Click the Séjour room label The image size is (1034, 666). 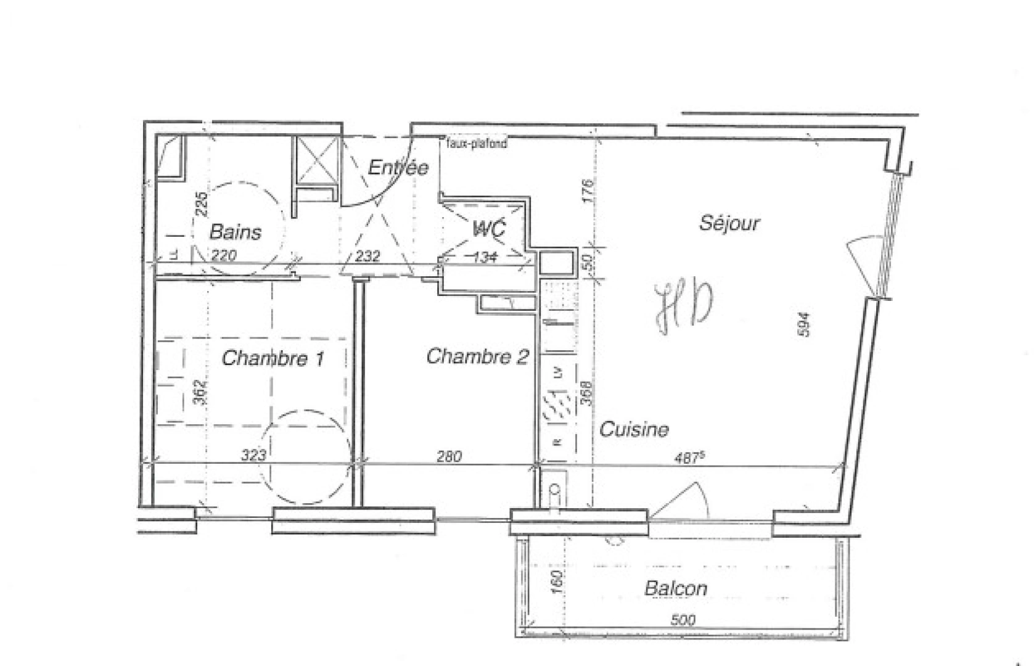coord(729,223)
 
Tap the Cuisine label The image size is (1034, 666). coord(634,429)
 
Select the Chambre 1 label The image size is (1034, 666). coord(273,358)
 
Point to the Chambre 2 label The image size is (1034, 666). coord(477,356)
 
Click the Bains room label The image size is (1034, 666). coord(236,232)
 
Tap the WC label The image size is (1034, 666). coord(490,229)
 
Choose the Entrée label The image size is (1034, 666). coord(398,168)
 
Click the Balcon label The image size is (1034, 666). coord(676,588)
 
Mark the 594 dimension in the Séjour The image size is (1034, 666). coord(803,324)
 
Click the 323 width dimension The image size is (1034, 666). coord(253,456)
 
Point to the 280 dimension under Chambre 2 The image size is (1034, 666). coord(449,456)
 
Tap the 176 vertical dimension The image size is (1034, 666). coord(587,191)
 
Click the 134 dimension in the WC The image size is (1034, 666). coord(485,257)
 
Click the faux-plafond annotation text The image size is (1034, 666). coord(476,144)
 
